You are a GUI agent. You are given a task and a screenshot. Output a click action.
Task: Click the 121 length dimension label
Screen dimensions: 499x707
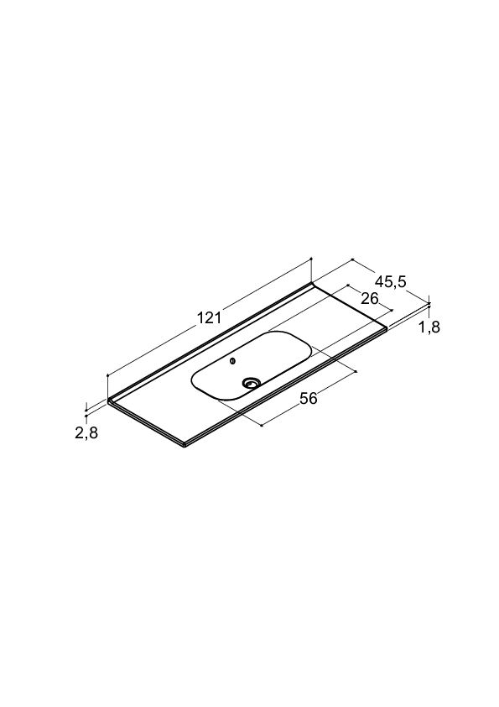(209, 318)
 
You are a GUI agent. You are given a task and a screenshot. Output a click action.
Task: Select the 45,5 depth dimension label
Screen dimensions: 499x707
(391, 282)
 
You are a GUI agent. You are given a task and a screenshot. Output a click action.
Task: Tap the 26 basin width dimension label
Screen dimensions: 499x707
(369, 298)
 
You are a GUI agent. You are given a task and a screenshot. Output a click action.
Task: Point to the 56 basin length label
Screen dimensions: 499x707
(309, 398)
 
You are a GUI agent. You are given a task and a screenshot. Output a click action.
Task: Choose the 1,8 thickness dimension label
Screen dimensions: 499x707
(429, 327)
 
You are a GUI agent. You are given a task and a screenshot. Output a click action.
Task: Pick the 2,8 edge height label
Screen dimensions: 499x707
(86, 433)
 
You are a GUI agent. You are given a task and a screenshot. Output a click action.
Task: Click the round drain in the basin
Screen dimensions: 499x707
(251, 383)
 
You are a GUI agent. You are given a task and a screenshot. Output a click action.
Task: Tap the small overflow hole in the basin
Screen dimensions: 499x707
(232, 361)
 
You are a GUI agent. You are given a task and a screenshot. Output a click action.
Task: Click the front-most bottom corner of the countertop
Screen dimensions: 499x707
(185, 447)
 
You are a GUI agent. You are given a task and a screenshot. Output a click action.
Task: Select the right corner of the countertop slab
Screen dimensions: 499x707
(387, 327)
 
